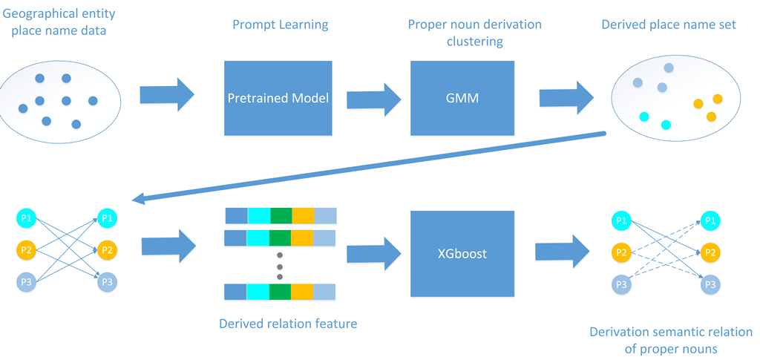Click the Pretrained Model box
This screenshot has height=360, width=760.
pyautogui.click(x=278, y=98)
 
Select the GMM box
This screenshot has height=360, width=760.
pyautogui.click(x=462, y=98)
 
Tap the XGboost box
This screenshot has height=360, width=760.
pyautogui.click(x=462, y=253)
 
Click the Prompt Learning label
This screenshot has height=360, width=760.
pyautogui.click(x=281, y=25)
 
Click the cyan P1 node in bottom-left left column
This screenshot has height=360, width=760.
pyautogui.click(x=26, y=218)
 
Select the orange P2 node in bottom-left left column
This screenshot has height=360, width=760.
pyautogui.click(x=26, y=250)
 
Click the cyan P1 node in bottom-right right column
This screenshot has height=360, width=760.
pyautogui.click(x=710, y=220)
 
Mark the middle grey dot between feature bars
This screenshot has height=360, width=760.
pyautogui.click(x=280, y=266)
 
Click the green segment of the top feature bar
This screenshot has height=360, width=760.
pyautogui.click(x=281, y=215)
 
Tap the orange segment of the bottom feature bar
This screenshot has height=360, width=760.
pyautogui.click(x=303, y=291)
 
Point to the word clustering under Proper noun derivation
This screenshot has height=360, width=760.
pyautogui.click(x=474, y=42)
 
